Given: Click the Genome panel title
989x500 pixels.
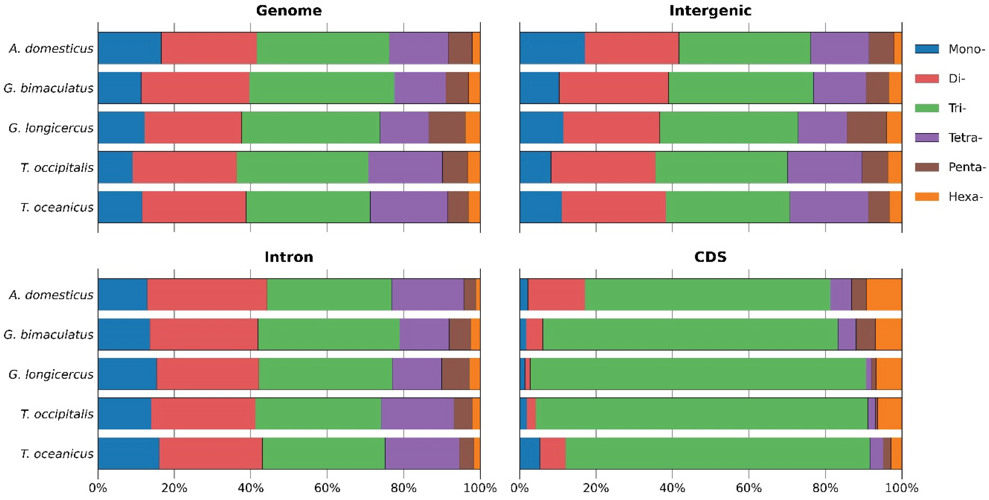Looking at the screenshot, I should pyautogui.click(x=289, y=10).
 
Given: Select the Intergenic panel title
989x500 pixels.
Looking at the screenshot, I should pyautogui.click(x=710, y=10).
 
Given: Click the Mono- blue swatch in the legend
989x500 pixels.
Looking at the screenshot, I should pyautogui.click(x=927, y=49).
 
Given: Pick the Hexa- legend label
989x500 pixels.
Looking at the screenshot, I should pyautogui.click(x=965, y=197).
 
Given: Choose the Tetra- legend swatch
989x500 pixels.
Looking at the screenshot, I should pyautogui.click(x=927, y=137).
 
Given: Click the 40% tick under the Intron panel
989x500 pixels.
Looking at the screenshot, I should pyautogui.click(x=250, y=488).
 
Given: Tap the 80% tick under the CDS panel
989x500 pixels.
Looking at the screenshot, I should pyautogui.click(x=825, y=488).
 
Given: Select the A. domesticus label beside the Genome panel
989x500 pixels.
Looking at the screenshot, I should pyautogui.click(x=51, y=48).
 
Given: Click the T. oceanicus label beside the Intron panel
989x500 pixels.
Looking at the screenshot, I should pyautogui.click(x=57, y=454).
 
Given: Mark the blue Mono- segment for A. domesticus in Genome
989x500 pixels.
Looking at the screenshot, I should pyautogui.click(x=129, y=48).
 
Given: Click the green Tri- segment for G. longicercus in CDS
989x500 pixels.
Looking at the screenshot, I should pyautogui.click(x=698, y=374).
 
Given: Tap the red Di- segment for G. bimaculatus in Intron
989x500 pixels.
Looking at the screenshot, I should pyautogui.click(x=203, y=334).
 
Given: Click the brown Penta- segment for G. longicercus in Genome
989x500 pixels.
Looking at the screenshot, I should pyautogui.click(x=447, y=127).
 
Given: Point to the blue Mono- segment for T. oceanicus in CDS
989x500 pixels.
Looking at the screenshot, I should pyautogui.click(x=530, y=454).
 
